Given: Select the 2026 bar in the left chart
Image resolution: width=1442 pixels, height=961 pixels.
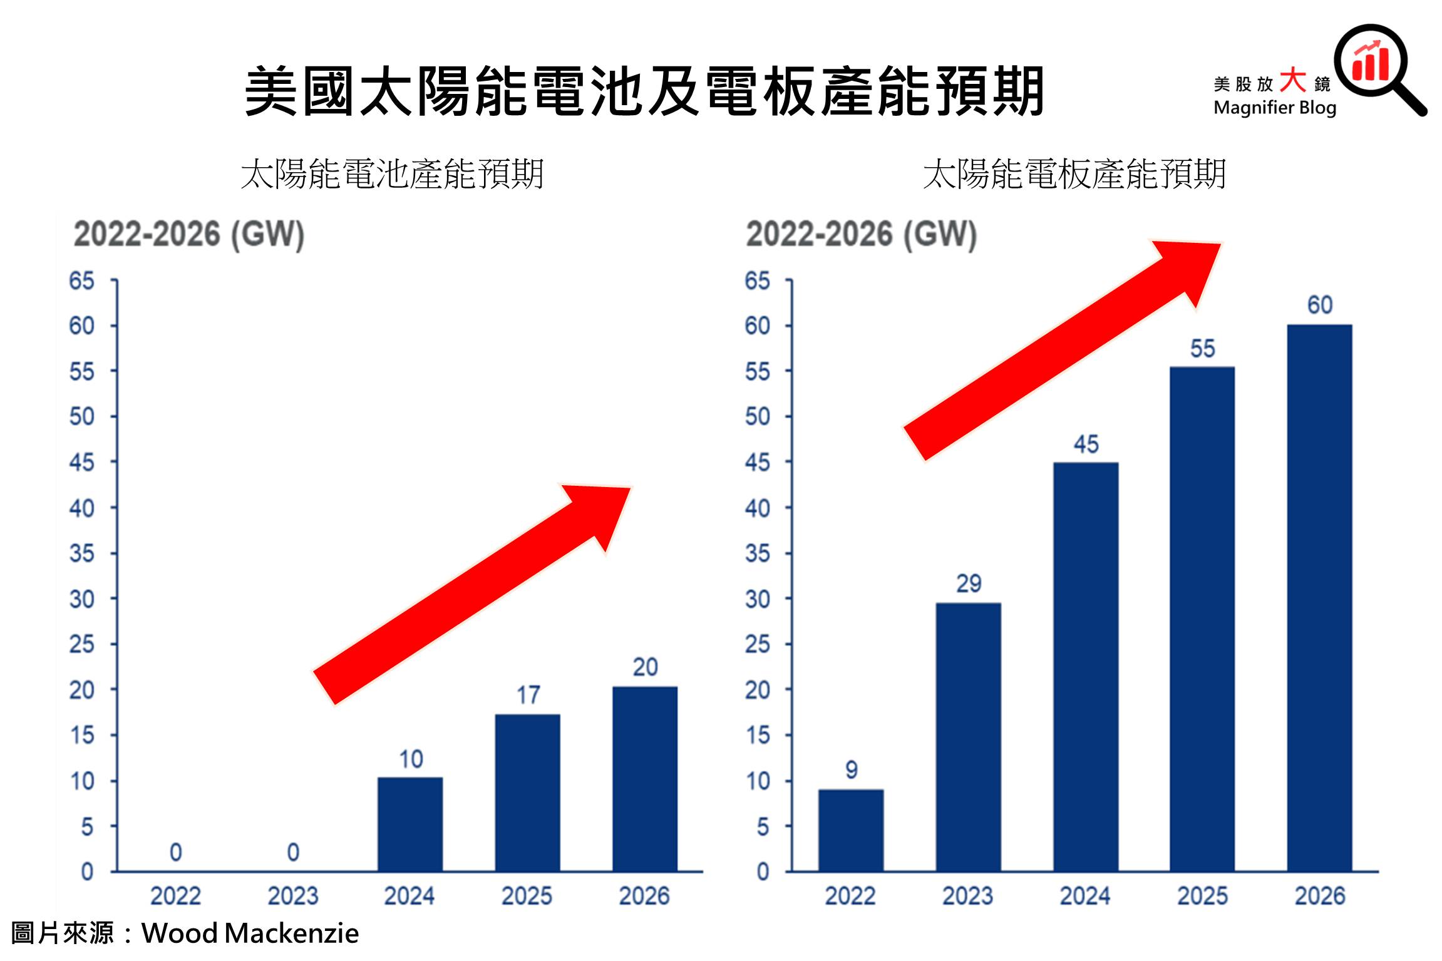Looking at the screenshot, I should (x=645, y=779).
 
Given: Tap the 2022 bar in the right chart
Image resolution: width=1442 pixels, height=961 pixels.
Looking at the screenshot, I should (x=851, y=830).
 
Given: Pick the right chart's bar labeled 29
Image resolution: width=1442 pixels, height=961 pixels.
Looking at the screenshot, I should (x=968, y=737).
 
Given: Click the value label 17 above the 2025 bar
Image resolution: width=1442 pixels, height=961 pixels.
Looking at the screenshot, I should (x=528, y=695).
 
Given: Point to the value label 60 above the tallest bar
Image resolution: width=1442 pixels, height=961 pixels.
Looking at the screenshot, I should (x=1319, y=305).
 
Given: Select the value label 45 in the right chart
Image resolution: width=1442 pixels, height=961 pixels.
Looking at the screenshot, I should (x=1086, y=445).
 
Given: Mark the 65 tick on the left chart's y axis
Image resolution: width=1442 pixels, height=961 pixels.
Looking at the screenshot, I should (x=82, y=281).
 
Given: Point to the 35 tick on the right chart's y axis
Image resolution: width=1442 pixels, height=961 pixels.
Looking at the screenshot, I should (x=758, y=554).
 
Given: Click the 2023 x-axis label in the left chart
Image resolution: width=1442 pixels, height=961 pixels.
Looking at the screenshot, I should (x=293, y=896).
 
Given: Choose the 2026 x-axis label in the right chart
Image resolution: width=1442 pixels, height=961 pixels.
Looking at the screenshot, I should (x=1319, y=896).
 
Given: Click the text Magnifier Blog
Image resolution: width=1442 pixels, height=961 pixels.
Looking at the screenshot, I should (x=1274, y=108).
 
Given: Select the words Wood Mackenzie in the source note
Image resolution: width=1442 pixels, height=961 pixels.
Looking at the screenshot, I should (x=250, y=933).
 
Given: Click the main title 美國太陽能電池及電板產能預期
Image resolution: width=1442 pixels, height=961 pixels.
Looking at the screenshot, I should (x=644, y=92).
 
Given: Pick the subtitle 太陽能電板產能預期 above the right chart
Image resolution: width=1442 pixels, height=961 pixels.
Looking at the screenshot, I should (x=1074, y=174).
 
